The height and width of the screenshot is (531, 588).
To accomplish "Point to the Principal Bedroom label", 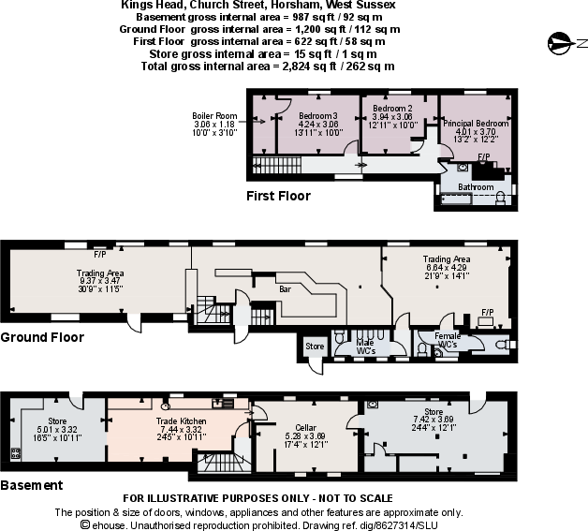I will (x=476, y=124).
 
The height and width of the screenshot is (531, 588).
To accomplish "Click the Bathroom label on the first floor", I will (x=476, y=187).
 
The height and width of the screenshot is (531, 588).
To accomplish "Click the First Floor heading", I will (x=278, y=197).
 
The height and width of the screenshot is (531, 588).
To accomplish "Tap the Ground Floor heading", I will (x=42, y=337).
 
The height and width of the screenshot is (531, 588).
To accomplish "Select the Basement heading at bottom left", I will (x=32, y=485).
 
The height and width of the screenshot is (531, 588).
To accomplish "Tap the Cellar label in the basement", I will (x=305, y=426).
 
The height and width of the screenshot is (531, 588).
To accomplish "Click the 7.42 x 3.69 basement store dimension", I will (x=433, y=419).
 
